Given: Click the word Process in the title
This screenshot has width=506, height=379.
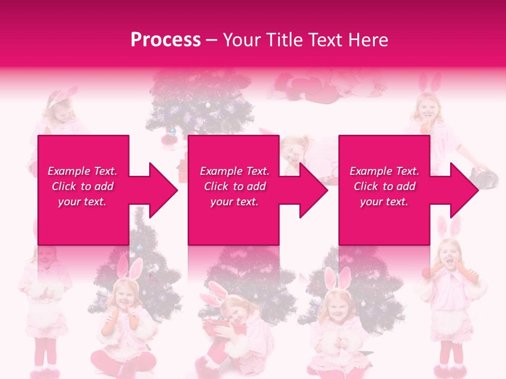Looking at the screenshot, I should (166, 40).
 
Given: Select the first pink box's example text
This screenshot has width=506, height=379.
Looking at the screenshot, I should (83, 186).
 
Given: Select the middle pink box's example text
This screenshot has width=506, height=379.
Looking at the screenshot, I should (235, 186).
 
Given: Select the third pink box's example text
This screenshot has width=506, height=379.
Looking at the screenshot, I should (384, 186).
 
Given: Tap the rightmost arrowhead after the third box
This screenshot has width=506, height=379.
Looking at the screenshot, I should (464, 190).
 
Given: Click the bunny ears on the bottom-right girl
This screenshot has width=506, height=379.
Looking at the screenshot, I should (448, 226).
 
